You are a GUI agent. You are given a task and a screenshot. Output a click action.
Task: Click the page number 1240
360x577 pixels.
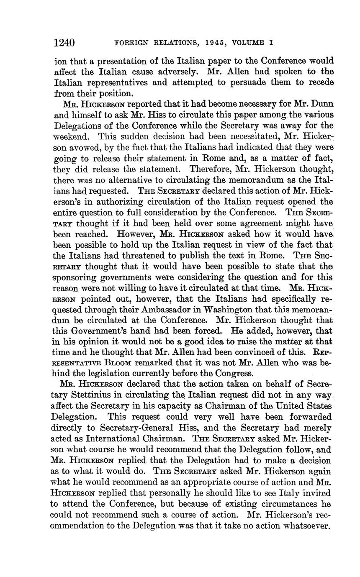[x=64, y=43]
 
